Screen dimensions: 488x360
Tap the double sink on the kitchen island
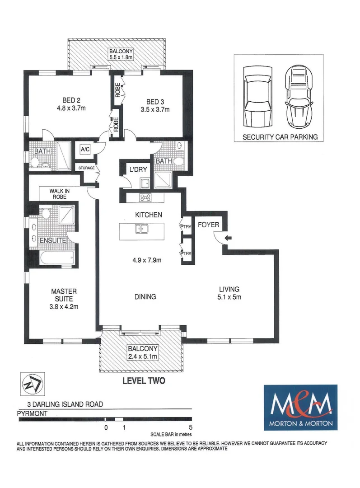click(141, 229)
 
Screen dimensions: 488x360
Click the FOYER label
click(208, 225)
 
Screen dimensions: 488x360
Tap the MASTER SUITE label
click(63, 295)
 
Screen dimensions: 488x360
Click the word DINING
click(145, 297)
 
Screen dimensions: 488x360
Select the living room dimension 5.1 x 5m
click(229, 297)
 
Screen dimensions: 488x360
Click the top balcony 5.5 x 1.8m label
click(116, 54)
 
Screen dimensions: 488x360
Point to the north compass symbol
click(30, 383)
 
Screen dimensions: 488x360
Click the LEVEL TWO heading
click(144, 381)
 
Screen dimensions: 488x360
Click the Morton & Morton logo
click(300, 408)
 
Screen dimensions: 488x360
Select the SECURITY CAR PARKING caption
click(280, 136)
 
